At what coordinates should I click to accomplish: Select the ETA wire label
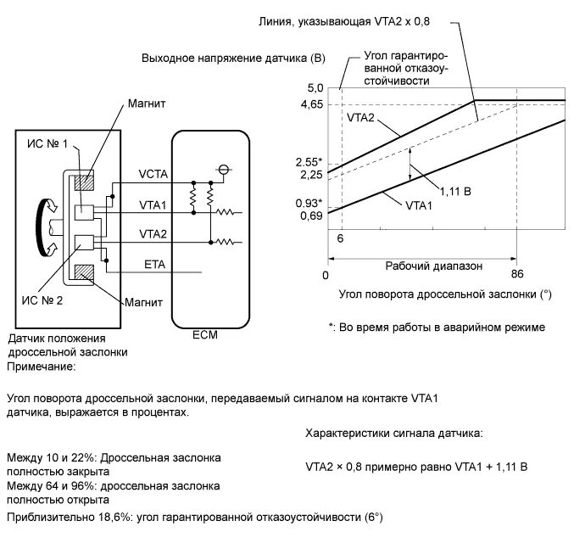tap(155, 266)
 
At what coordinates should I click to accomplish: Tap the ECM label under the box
tap(204, 334)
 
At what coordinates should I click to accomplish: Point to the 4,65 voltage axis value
tap(311, 104)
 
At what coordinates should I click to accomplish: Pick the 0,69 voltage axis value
tap(311, 217)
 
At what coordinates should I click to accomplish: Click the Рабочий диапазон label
tap(434, 266)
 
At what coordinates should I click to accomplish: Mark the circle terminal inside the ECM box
tap(224, 168)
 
